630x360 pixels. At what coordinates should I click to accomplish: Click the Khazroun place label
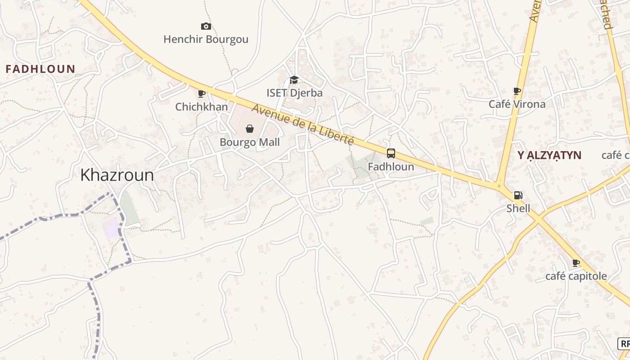click(x=117, y=175)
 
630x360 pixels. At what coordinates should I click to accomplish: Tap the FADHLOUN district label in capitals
click(x=40, y=69)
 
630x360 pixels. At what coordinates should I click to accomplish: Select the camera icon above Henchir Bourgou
click(x=206, y=27)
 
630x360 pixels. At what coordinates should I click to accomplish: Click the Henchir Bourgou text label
click(x=206, y=40)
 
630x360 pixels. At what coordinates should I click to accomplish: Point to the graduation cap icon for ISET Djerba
click(x=294, y=80)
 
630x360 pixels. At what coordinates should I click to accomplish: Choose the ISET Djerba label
click(x=294, y=93)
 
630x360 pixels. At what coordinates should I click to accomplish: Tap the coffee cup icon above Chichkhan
click(x=202, y=94)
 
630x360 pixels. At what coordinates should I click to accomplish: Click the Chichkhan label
click(x=201, y=107)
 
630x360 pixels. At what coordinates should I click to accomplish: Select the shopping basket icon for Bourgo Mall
click(x=250, y=129)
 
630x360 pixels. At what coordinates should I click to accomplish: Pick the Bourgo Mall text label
click(x=250, y=143)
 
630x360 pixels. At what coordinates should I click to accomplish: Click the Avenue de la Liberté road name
click(x=302, y=125)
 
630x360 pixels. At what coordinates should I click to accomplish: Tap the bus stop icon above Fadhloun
click(x=391, y=153)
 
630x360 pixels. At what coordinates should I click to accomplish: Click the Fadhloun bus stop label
click(x=391, y=166)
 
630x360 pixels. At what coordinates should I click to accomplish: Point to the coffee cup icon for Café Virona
click(x=517, y=91)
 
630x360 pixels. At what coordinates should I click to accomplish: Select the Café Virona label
click(x=517, y=104)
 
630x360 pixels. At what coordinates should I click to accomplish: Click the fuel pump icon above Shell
click(x=518, y=195)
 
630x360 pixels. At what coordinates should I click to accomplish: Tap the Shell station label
click(x=518, y=208)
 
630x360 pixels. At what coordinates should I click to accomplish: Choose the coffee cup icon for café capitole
click(x=576, y=263)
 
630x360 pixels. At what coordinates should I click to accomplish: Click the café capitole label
click(x=576, y=276)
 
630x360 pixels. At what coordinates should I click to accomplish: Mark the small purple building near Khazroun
click(x=111, y=228)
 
